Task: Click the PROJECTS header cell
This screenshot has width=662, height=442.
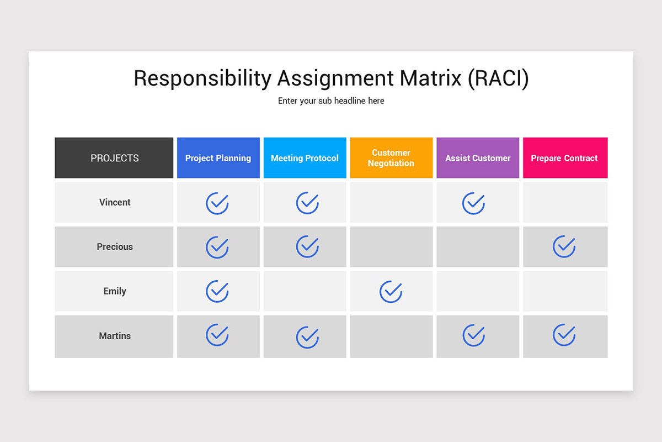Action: (114, 158)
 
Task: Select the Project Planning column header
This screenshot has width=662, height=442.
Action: (218, 158)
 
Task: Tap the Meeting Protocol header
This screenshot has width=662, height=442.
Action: (305, 158)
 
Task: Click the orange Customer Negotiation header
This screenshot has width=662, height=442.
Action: (391, 158)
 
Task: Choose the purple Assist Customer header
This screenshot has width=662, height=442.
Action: (478, 158)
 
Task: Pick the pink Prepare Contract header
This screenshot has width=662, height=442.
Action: (564, 158)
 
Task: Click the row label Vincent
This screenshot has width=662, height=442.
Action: (115, 202)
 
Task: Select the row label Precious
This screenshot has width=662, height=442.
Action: (115, 247)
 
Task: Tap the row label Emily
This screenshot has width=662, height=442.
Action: (115, 291)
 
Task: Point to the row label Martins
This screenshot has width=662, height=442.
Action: (115, 336)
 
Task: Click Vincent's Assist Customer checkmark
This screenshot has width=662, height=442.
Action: (473, 203)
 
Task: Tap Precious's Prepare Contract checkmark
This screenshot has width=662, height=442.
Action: (564, 246)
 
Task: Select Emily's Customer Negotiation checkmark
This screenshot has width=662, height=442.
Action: (391, 291)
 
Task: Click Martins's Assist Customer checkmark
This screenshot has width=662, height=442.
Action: (473, 335)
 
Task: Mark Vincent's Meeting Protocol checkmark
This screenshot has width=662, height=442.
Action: (307, 203)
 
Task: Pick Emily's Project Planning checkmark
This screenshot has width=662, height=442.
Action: (217, 291)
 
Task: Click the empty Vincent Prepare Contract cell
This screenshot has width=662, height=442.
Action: (565, 202)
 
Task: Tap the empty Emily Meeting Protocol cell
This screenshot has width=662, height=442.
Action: (305, 291)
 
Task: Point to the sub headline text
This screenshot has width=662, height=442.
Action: (331, 101)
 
